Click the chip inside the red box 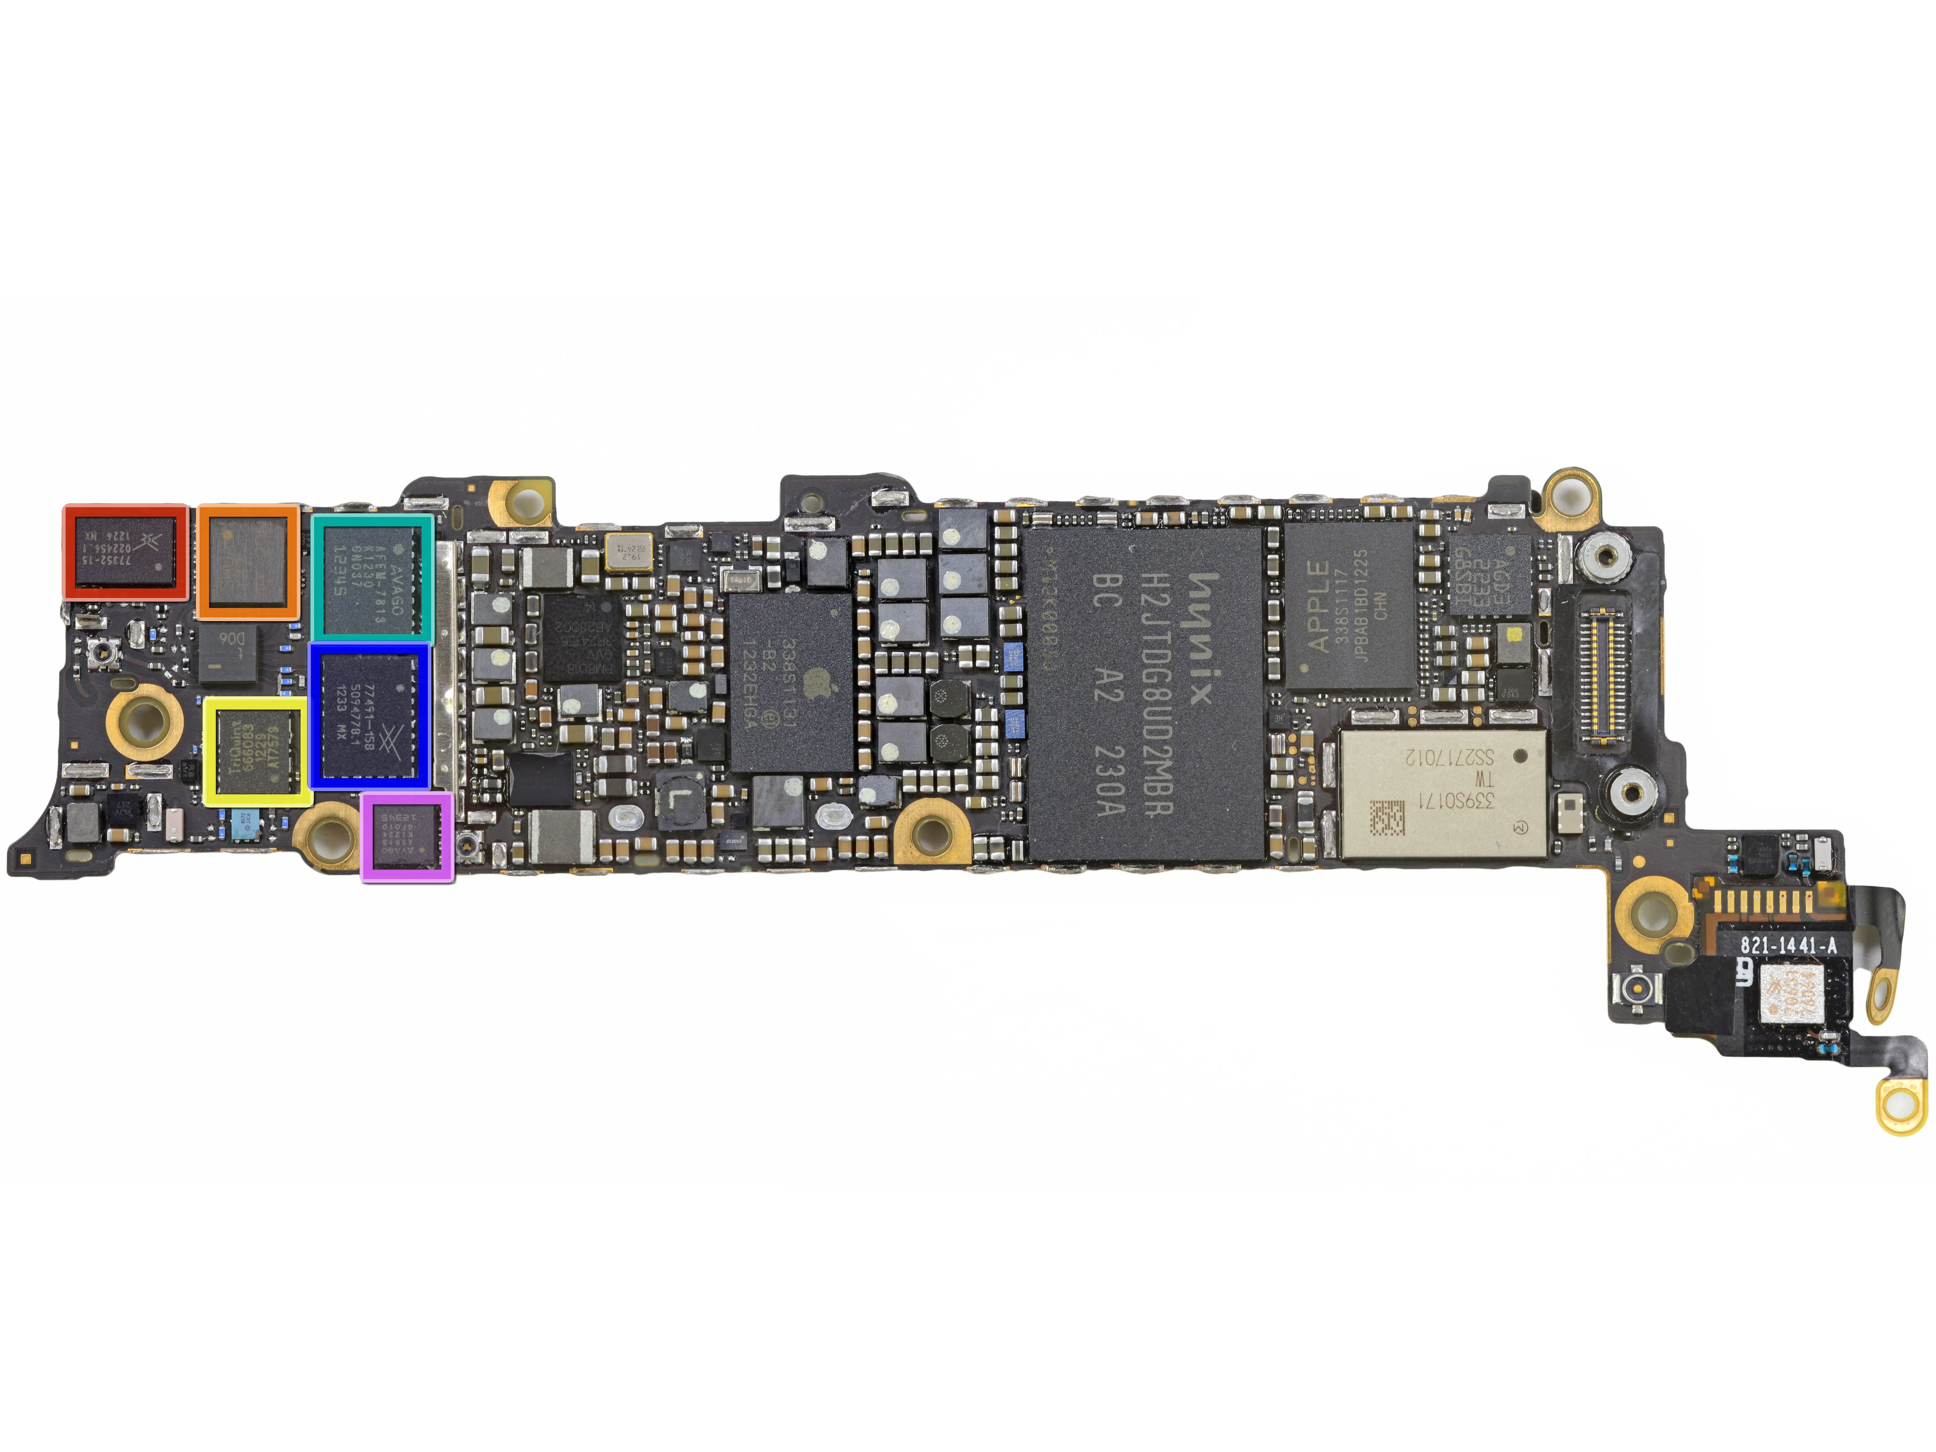pos(125,552)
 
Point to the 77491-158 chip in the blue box pos(368,715)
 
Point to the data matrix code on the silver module pos(1387,818)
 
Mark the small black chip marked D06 pos(228,652)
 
